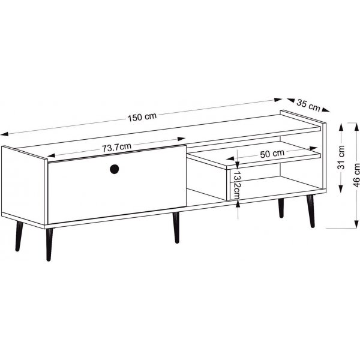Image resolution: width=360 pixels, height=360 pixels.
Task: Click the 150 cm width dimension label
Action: [x=142, y=117]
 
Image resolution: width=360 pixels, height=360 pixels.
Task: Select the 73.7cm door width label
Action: [x=116, y=147]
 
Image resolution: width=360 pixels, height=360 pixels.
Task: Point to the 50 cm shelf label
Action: [x=272, y=154]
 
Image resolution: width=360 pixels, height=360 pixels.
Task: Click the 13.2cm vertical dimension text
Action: [x=236, y=185]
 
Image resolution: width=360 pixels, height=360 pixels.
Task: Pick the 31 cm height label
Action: [x=341, y=157]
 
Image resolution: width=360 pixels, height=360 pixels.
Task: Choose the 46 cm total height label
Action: [x=356, y=175]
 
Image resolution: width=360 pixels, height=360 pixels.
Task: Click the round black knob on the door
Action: [x=115, y=169]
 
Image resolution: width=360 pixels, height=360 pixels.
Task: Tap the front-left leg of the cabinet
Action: [x=49, y=245]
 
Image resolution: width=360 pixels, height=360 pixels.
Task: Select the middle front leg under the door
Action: [x=176, y=227]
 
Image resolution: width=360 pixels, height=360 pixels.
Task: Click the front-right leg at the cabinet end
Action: [x=311, y=211]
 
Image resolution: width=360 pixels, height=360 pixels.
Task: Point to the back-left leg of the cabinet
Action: [x=19, y=236]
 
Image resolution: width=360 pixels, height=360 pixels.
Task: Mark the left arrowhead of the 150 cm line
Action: [x=4, y=134]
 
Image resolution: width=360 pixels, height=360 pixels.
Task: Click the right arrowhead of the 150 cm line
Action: [x=278, y=100]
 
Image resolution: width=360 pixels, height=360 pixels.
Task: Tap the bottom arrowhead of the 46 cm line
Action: [x=356, y=224]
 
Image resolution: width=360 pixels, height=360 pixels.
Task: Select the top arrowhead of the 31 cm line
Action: [x=341, y=127]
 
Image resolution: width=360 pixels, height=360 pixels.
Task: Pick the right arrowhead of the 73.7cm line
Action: [x=181, y=139]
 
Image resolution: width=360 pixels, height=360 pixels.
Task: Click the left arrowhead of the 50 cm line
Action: [x=230, y=158]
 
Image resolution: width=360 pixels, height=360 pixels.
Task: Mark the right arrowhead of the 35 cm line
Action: [x=326, y=110]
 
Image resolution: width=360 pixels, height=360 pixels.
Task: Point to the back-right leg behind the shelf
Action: [x=281, y=208]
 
